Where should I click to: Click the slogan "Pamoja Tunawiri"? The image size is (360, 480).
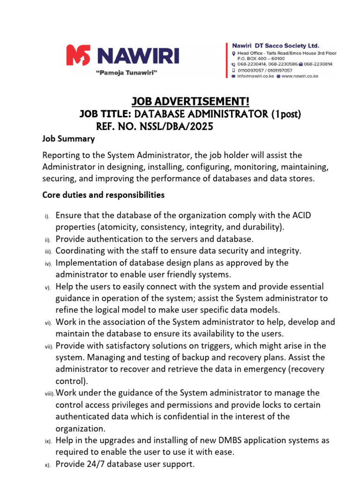click(x=126, y=72)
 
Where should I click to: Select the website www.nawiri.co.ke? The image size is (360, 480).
click(x=300, y=76)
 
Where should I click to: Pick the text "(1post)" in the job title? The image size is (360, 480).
click(x=285, y=114)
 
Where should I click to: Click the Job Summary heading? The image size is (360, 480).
click(x=68, y=139)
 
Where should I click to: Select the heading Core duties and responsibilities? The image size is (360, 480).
click(x=103, y=194)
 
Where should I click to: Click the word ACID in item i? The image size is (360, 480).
click(x=301, y=215)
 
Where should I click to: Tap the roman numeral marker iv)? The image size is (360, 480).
click(x=48, y=263)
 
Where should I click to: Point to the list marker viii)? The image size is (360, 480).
click(x=49, y=394)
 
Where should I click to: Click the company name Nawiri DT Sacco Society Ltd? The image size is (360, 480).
click(x=276, y=45)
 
